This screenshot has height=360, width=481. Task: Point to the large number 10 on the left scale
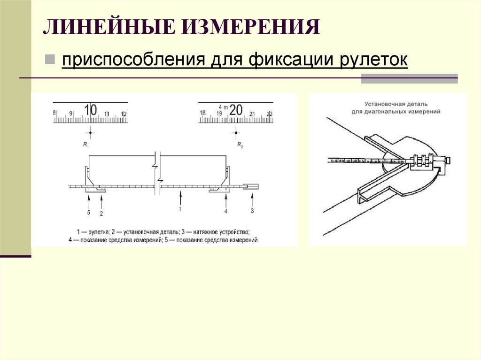[90, 110]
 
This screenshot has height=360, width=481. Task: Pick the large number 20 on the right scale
[236, 110]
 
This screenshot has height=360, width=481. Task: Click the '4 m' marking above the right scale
[223, 107]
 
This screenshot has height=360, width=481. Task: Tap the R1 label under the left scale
[86, 145]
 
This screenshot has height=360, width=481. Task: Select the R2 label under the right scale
[240, 145]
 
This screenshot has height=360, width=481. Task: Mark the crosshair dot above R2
[236, 133]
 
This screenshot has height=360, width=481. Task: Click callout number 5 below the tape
[89, 212]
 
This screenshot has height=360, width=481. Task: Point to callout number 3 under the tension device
[252, 211]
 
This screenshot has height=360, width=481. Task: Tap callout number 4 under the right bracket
[226, 212]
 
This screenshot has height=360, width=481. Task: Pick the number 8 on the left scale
[54, 113]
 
